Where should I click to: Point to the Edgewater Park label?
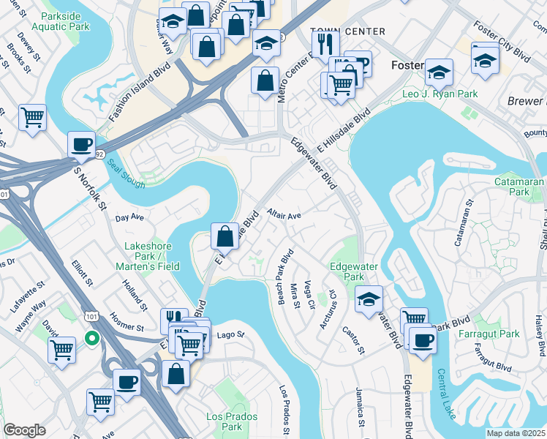[x=347, y=272]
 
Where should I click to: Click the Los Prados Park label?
[x=224, y=421]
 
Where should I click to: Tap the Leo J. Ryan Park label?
[x=440, y=94]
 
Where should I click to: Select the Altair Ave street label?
[x=284, y=216]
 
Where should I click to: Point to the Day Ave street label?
[x=130, y=218]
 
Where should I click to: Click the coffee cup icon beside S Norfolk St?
[x=81, y=143]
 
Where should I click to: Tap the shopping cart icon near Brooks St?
[x=33, y=117]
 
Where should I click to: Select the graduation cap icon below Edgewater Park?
[x=369, y=298]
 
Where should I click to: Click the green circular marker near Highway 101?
[x=91, y=339]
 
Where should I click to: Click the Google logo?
[x=24, y=430]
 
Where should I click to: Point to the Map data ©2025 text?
[x=516, y=433]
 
